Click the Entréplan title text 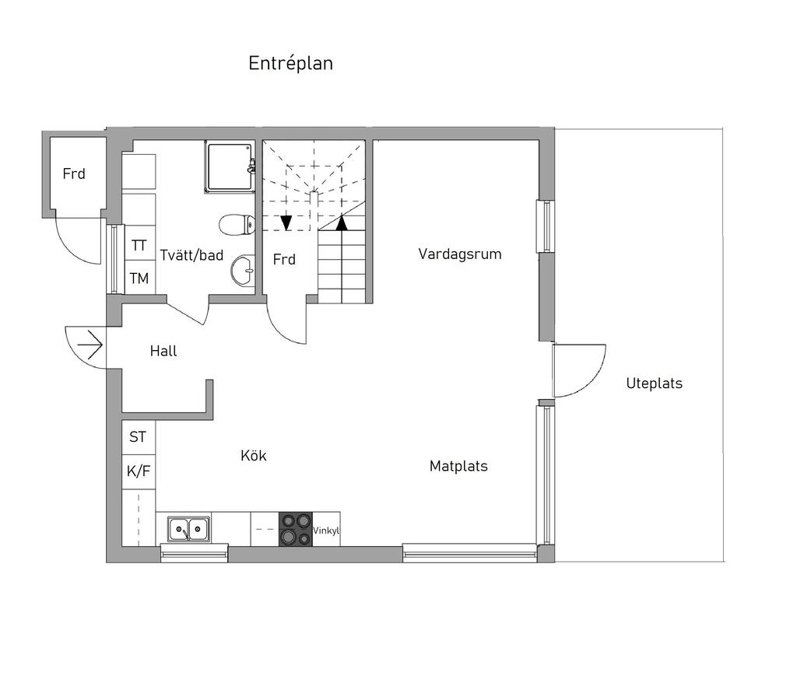click(x=290, y=64)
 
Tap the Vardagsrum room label click(x=459, y=254)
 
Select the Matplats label click(x=458, y=467)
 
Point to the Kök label click(x=254, y=456)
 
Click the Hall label click(x=163, y=352)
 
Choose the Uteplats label click(x=654, y=384)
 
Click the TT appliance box click(x=139, y=245)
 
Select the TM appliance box click(x=139, y=278)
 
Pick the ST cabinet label click(x=138, y=437)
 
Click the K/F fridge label click(x=138, y=471)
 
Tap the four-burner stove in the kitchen click(x=295, y=529)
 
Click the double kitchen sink click(x=188, y=530)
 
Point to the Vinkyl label click(x=326, y=531)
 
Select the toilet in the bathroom click(x=237, y=226)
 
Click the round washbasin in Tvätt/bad click(x=242, y=270)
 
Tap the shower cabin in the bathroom click(x=230, y=166)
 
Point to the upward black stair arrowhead click(x=341, y=223)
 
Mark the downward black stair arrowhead click(x=286, y=223)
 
